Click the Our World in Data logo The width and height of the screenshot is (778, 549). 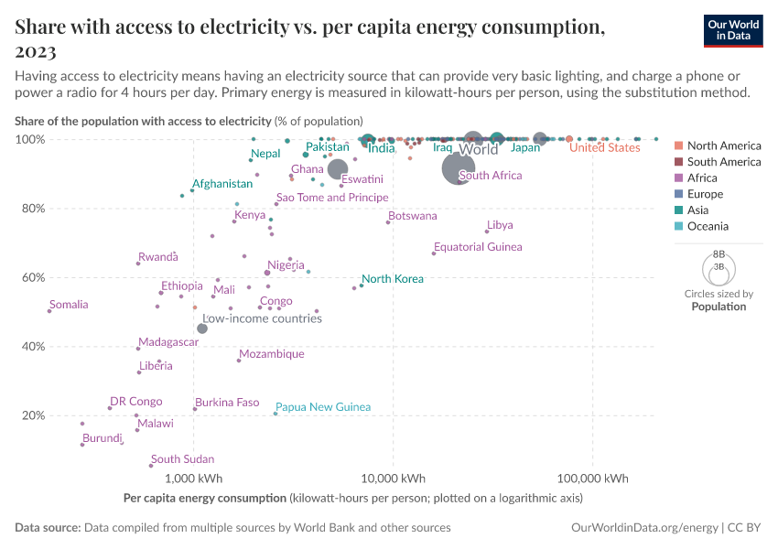pyautogui.click(x=733, y=29)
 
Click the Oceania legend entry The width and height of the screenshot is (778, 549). pyautogui.click(x=708, y=227)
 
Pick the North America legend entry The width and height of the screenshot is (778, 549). pyautogui.click(x=723, y=145)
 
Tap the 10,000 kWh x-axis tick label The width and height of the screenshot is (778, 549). pyautogui.click(x=393, y=479)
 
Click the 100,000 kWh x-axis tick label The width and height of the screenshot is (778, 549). pyautogui.click(x=592, y=479)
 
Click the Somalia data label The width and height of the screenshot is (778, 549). pyautogui.click(x=70, y=305)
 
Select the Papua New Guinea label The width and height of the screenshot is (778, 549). pyautogui.click(x=322, y=406)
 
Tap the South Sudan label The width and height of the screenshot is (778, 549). pyautogui.click(x=182, y=459)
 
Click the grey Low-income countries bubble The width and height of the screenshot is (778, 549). pyautogui.click(x=202, y=328)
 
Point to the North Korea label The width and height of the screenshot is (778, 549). pyautogui.click(x=392, y=279)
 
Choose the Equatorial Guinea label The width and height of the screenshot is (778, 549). pyautogui.click(x=478, y=247)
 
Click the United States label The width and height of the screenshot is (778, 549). pyautogui.click(x=604, y=148)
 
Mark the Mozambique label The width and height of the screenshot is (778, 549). pyautogui.click(x=271, y=354)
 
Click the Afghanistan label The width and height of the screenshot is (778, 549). pyautogui.click(x=222, y=184)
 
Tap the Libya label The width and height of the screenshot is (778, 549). pyautogui.click(x=500, y=225)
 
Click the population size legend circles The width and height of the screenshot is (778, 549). pyautogui.click(x=719, y=267)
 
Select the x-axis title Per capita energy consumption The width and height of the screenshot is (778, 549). pyautogui.click(x=204, y=499)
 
